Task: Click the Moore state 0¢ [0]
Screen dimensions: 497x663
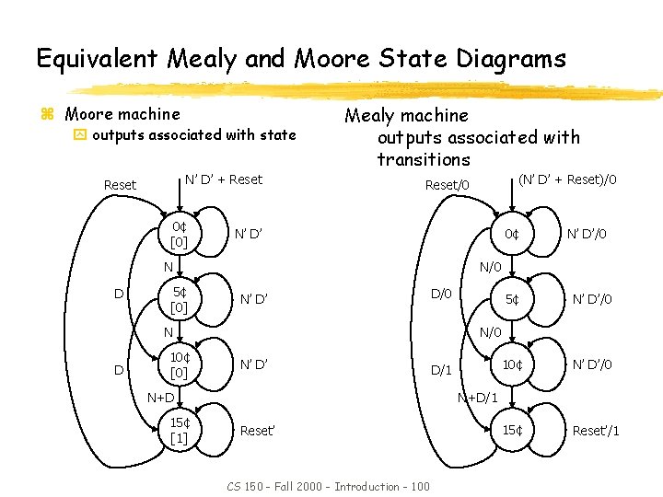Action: point(179,234)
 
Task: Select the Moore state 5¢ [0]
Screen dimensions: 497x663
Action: point(179,299)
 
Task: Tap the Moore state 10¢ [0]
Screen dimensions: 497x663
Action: point(179,364)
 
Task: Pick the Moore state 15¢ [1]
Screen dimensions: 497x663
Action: point(179,430)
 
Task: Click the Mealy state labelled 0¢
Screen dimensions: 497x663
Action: point(511,234)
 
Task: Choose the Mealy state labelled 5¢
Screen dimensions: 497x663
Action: point(511,299)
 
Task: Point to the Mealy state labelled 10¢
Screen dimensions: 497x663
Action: point(511,364)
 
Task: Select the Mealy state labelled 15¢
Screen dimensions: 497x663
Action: point(511,430)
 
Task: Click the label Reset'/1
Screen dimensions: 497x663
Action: point(596,431)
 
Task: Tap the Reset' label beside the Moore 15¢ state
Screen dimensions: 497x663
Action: point(258,430)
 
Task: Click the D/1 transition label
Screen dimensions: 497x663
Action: point(441,370)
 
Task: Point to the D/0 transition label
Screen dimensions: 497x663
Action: point(441,294)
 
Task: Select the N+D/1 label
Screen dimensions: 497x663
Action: point(478,398)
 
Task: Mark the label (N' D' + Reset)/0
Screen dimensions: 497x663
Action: point(567,179)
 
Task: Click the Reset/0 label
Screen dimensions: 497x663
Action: point(447,185)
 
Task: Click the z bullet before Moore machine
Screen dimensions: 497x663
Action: point(48,115)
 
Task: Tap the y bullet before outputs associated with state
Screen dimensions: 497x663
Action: point(79,135)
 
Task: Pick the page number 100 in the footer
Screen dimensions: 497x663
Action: point(419,486)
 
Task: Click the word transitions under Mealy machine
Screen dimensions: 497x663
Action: point(423,159)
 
